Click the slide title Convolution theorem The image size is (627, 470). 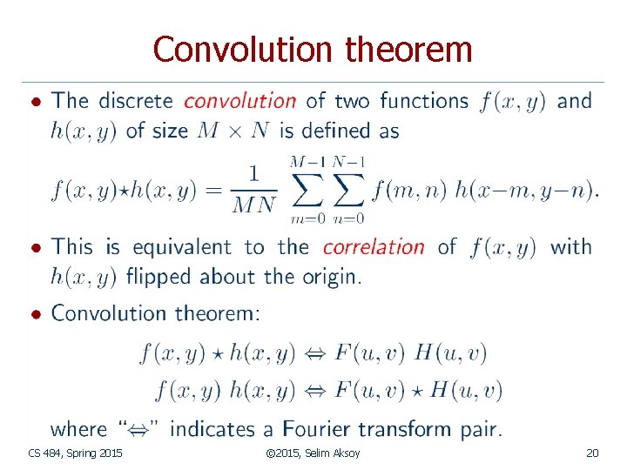pyautogui.click(x=313, y=50)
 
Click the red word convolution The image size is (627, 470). pyautogui.click(x=239, y=101)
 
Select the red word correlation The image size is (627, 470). pyautogui.click(x=374, y=247)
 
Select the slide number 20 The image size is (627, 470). pyautogui.click(x=592, y=453)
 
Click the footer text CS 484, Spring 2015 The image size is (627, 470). pyautogui.click(x=76, y=453)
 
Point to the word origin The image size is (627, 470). pyautogui.click(x=330, y=278)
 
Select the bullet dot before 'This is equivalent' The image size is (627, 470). pyautogui.click(x=35, y=248)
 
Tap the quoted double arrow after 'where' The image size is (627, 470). pyautogui.click(x=140, y=429)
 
